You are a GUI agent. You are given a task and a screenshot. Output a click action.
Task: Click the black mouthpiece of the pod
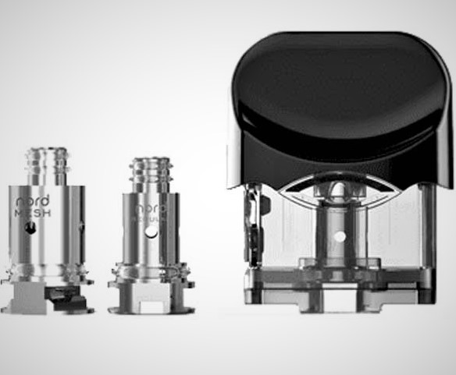coord(336,101)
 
